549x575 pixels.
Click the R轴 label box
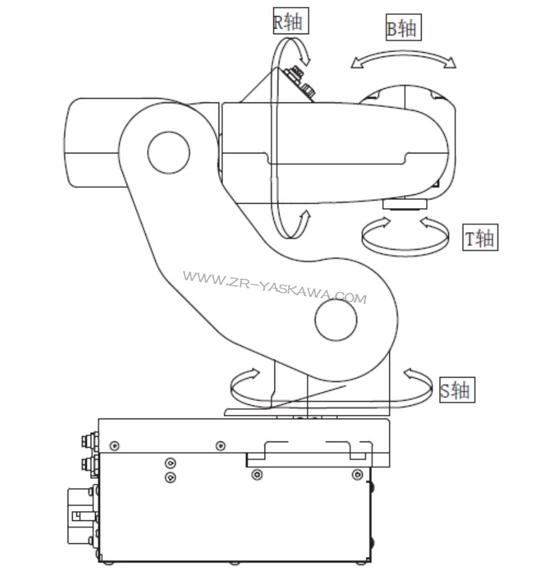click(x=289, y=22)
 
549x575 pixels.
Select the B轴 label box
click(x=402, y=29)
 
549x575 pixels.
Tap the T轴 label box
click(x=480, y=238)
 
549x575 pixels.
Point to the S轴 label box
click(x=456, y=390)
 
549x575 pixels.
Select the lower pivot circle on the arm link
click(x=336, y=320)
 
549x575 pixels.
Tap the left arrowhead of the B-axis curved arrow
click(x=356, y=61)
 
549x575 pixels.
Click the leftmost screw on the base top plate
click(x=114, y=445)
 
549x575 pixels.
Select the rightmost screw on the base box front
click(x=356, y=475)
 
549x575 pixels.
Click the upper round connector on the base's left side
click(x=87, y=440)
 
